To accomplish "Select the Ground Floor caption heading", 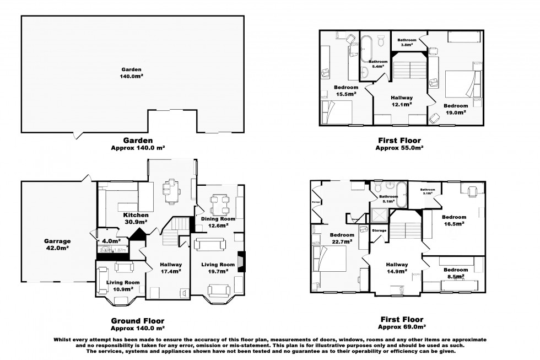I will point(138,320).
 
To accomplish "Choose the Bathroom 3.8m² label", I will point(407,43).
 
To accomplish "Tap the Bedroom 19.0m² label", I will point(456,109).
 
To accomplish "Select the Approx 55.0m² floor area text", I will point(399,148).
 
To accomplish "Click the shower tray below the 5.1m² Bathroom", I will point(380,214).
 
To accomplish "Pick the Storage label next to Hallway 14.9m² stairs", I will point(379,230).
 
